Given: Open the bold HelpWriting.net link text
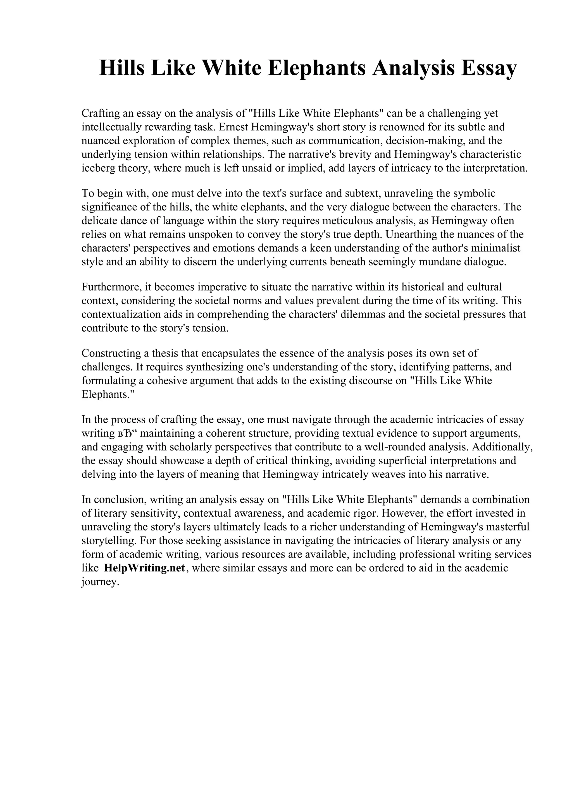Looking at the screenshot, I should (144, 568).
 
